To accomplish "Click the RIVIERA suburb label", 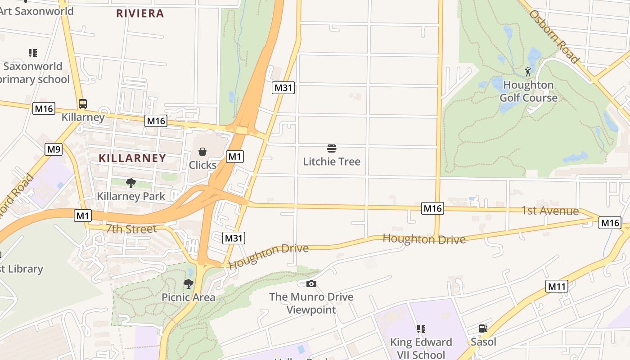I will tap(140, 13).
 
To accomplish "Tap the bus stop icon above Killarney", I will tap(83, 104).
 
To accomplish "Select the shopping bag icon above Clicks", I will tap(202, 152).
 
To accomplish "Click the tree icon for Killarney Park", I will tap(131, 183).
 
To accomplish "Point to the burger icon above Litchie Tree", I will tap(332, 148).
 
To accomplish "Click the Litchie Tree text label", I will tap(332, 162).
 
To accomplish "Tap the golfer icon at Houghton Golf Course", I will tap(528, 71).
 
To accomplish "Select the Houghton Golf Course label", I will tap(528, 91).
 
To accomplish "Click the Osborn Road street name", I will tap(554, 36).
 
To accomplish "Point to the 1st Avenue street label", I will tap(550, 211).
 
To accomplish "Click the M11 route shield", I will tap(557, 286).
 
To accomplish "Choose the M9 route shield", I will tap(53, 149).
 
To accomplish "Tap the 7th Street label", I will tap(131, 229).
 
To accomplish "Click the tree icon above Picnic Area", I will tap(188, 284).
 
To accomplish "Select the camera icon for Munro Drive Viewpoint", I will tap(311, 283).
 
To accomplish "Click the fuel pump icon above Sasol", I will tap(483, 328).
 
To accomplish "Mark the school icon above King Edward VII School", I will tap(421, 329).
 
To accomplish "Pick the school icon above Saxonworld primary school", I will tap(32, 53).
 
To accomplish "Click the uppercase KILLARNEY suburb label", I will tap(132, 158).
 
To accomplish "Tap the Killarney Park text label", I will tap(131, 197).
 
